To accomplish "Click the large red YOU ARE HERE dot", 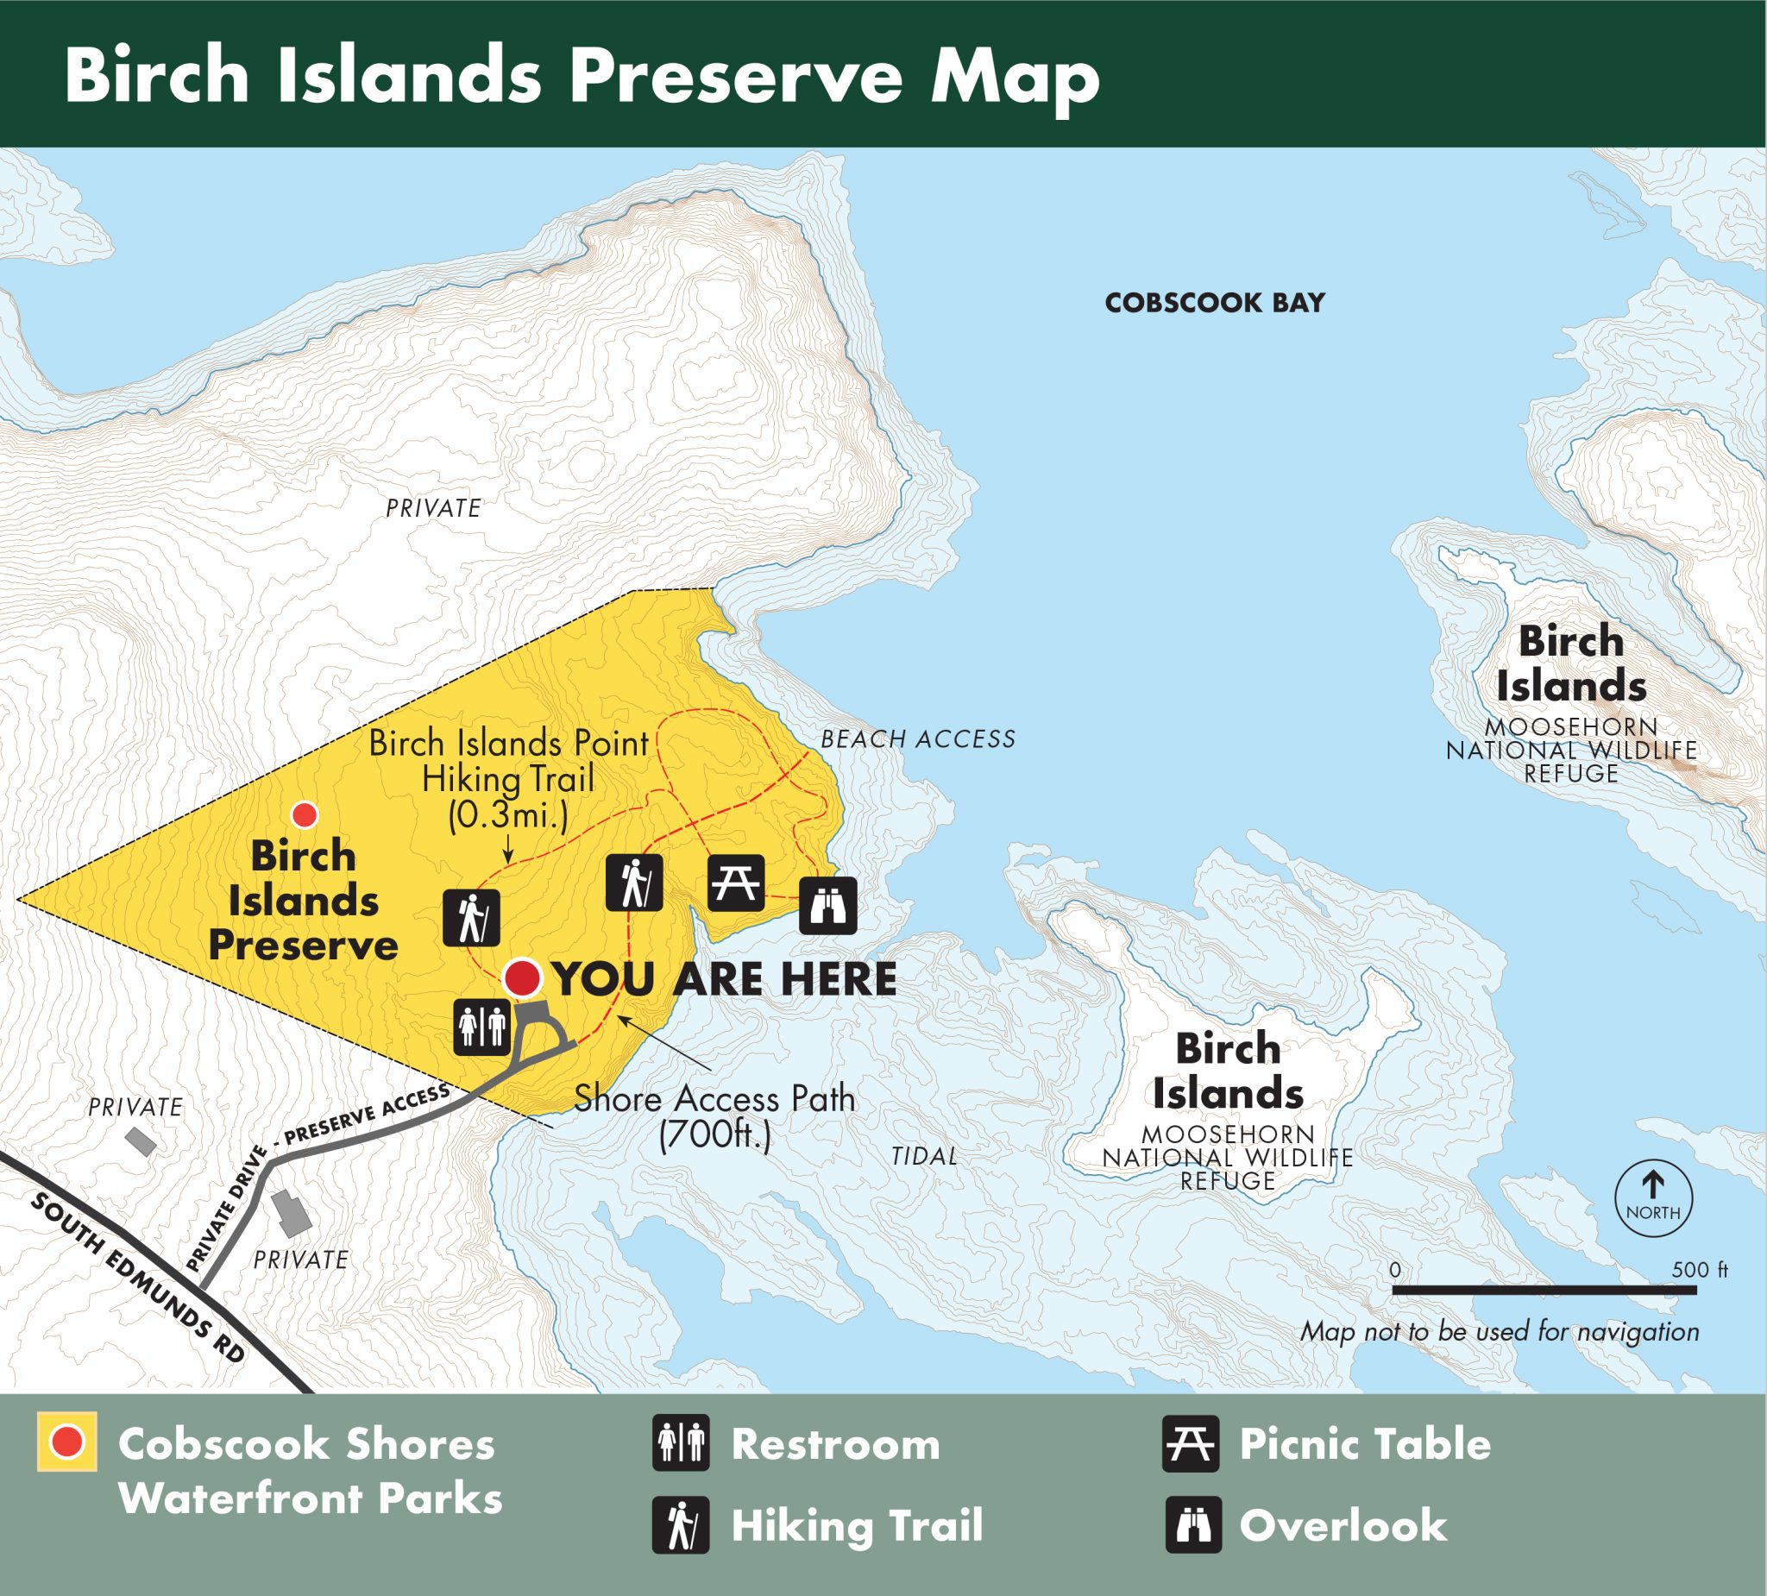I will [x=522, y=977].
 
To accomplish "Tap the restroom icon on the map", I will [x=481, y=1027].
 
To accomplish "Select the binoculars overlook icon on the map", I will [x=827, y=906].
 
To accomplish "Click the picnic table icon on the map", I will [x=735, y=883].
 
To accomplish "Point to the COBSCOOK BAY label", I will [x=1214, y=304].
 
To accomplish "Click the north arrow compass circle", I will [x=1653, y=1198].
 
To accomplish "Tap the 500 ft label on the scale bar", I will [x=1699, y=1270].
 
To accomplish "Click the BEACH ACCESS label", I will [x=918, y=738].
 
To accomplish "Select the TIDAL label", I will [x=924, y=1156].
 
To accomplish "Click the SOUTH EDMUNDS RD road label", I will [x=137, y=1279].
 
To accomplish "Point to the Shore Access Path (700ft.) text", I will [x=714, y=1116].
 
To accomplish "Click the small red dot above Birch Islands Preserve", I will [x=305, y=815].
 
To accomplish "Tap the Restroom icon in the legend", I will [x=680, y=1443].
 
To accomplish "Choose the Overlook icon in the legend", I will [x=1193, y=1525].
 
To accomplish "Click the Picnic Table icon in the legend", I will [x=1191, y=1443].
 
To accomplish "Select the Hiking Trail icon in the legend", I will [x=680, y=1525].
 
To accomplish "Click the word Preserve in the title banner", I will [x=734, y=75].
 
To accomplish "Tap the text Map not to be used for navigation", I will [x=1500, y=1331].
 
